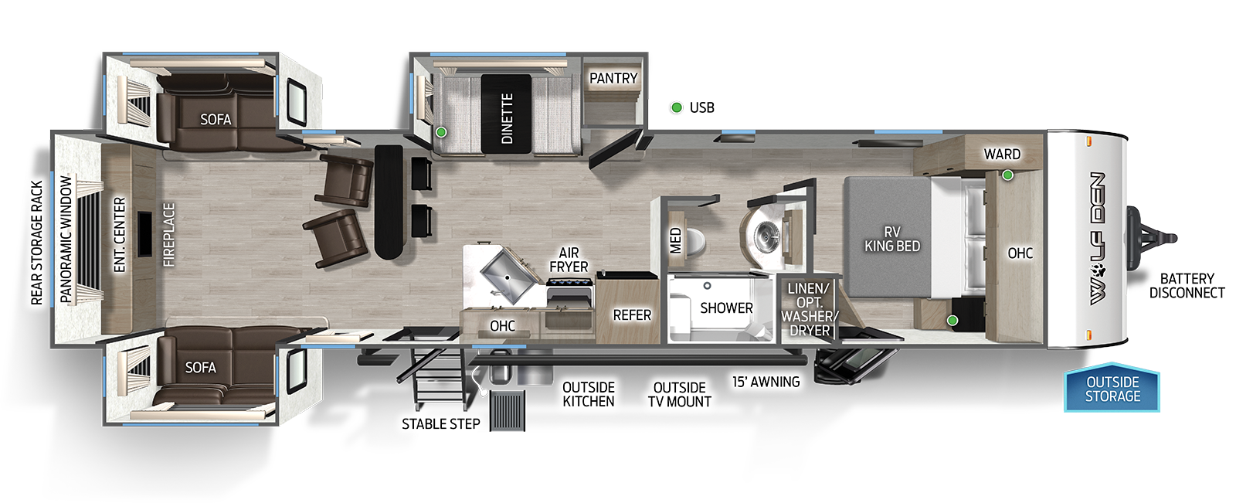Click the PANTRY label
pyautogui.click(x=613, y=78)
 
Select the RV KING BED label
pyautogui.click(x=891, y=239)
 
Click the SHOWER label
pyautogui.click(x=726, y=308)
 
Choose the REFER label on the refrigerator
pyautogui.click(x=632, y=314)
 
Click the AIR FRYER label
pyautogui.click(x=569, y=260)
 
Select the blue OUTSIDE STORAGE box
pyautogui.click(x=1112, y=389)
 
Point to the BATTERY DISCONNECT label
pyautogui.click(x=1187, y=285)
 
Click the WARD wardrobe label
pyautogui.click(x=1002, y=154)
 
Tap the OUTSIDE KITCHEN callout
pyautogui.click(x=589, y=394)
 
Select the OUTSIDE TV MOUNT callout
pyautogui.click(x=680, y=394)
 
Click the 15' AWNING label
pyautogui.click(x=766, y=381)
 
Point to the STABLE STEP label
pyautogui.click(x=440, y=423)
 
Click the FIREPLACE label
pyautogui.click(x=169, y=234)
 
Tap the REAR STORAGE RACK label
pyautogui.click(x=36, y=243)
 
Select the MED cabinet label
pyautogui.click(x=676, y=240)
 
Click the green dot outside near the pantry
pyautogui.click(x=677, y=107)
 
